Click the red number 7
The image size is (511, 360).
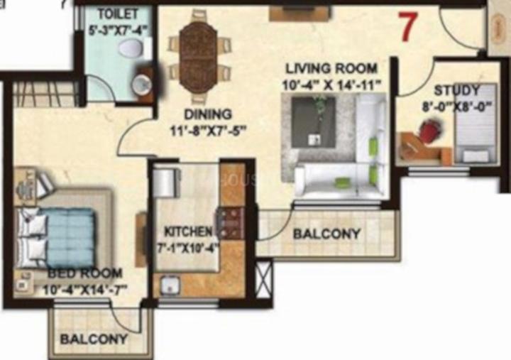(408, 27)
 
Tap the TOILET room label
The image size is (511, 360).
(114, 14)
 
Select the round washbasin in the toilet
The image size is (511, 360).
(141, 83)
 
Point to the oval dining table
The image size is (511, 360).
(198, 56)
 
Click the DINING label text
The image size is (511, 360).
(208, 114)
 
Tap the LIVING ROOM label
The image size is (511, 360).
(331, 68)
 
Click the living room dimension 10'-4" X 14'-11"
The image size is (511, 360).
(331, 85)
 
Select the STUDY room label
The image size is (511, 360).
(456, 90)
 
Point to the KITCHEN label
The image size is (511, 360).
(187, 231)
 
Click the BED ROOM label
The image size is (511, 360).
(85, 273)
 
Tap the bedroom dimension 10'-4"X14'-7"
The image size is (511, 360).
(84, 290)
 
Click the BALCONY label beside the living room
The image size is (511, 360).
(327, 234)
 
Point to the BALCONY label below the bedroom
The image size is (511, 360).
(94, 339)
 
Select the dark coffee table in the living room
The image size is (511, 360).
(314, 122)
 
